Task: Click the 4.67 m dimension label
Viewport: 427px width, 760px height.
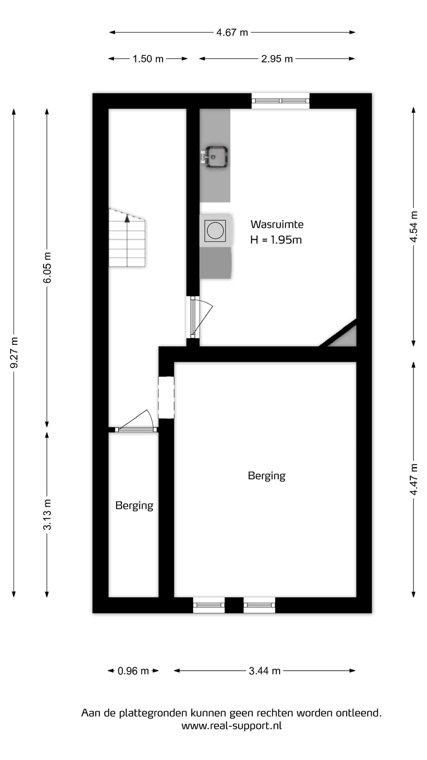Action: pyautogui.click(x=232, y=33)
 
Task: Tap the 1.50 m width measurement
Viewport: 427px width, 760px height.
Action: pyautogui.click(x=148, y=59)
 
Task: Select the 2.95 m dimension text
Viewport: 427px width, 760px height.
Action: pyautogui.click(x=277, y=59)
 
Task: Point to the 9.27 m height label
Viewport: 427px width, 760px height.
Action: pyautogui.click(x=14, y=353)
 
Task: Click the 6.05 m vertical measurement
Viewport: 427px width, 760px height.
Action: pyautogui.click(x=47, y=268)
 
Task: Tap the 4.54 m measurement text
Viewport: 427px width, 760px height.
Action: pyautogui.click(x=414, y=227)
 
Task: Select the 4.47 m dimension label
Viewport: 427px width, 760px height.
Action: pyautogui.click(x=414, y=480)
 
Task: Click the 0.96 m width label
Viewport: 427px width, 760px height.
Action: pyautogui.click(x=133, y=671)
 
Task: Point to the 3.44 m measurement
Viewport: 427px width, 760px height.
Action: pyautogui.click(x=264, y=671)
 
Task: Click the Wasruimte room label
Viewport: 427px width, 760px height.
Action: pyautogui.click(x=277, y=224)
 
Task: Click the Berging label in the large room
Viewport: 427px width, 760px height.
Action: pyautogui.click(x=267, y=476)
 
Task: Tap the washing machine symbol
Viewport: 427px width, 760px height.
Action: pyautogui.click(x=215, y=230)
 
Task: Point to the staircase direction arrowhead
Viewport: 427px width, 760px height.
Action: pyautogui.click(x=127, y=219)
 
